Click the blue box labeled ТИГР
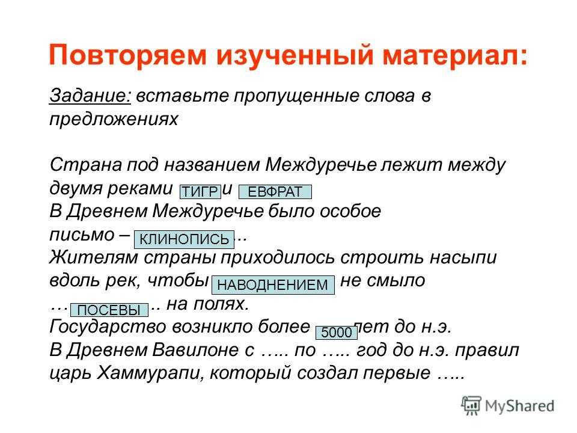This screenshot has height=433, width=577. tap(200, 192)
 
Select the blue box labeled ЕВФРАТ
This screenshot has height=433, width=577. tap(275, 192)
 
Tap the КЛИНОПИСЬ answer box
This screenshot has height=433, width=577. tap(184, 239)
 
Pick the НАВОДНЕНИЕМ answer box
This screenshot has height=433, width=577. tap(273, 285)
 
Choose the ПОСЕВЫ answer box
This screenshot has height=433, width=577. tap(109, 310)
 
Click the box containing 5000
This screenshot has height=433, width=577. tap(337, 332)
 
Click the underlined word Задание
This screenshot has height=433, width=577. tap(90, 96)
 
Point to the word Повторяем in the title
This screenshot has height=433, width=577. tap(127, 55)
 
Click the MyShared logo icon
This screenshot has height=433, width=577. tap(471, 405)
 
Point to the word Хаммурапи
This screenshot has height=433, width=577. tap(150, 373)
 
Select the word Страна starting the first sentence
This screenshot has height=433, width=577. tap(86, 165)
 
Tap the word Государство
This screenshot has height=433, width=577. tap(108, 327)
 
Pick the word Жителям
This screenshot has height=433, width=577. tap(94, 257)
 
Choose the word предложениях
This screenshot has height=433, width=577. tap(114, 119)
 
